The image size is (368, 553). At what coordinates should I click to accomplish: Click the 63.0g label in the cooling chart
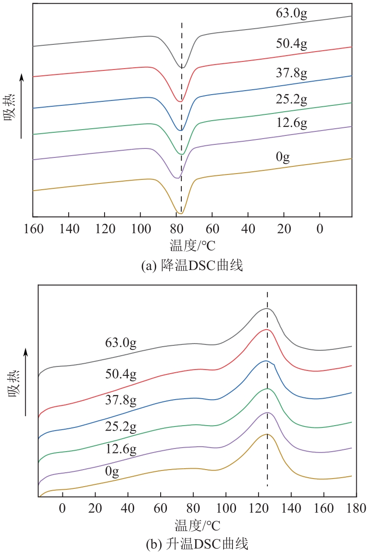pyautogui.click(x=292, y=13)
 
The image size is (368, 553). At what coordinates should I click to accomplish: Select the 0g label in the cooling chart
pyautogui.click(x=283, y=157)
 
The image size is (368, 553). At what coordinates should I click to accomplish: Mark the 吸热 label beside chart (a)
pyautogui.click(x=11, y=108)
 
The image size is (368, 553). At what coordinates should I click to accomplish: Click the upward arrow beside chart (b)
pyautogui.click(x=26, y=381)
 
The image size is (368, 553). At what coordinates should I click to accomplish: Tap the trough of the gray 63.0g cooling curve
pyautogui.click(x=183, y=68)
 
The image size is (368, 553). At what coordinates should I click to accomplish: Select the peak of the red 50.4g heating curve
pyautogui.click(x=267, y=330)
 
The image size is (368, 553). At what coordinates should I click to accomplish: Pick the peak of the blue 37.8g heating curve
pyautogui.click(x=266, y=361)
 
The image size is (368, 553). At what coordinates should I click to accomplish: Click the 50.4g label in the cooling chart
pyautogui.click(x=292, y=44)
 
